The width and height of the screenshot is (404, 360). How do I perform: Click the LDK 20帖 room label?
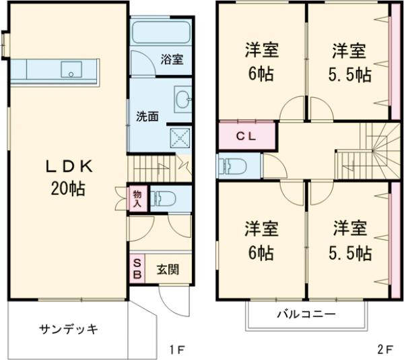click(65, 177)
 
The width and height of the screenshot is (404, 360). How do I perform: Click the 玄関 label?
click(168, 270)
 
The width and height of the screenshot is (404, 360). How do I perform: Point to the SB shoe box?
click(137, 269)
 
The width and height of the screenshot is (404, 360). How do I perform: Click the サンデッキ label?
click(69, 329)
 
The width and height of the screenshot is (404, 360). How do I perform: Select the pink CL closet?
click(247, 135)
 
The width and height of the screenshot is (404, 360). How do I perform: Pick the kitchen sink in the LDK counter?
click(71, 69)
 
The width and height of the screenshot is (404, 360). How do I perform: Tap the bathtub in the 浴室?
click(160, 33)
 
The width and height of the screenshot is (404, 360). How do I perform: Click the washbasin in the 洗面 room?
click(182, 99)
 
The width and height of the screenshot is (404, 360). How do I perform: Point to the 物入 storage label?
click(137, 198)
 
